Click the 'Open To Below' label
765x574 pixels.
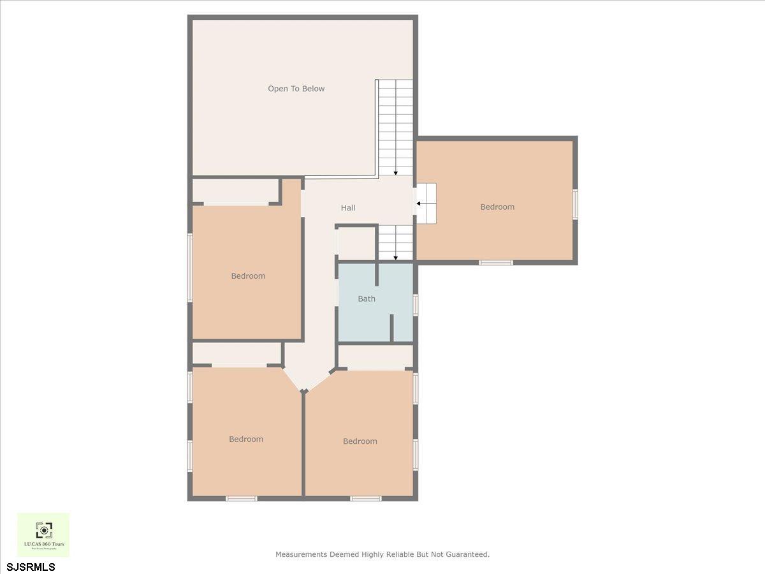[x=296, y=89]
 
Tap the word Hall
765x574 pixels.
[x=348, y=208]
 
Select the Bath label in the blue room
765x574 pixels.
[x=367, y=298]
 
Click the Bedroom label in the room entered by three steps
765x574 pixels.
[x=497, y=207]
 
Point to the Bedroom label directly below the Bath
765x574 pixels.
[x=360, y=441]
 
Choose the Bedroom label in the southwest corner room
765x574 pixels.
[x=246, y=439]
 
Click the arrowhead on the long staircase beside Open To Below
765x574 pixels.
[x=396, y=172]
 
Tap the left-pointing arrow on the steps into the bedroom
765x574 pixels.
[x=419, y=204]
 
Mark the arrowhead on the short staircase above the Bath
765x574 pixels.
[x=396, y=258]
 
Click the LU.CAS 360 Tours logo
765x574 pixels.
[x=43, y=534]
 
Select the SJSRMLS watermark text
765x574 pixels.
[x=31, y=567]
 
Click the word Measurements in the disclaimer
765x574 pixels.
[x=301, y=555]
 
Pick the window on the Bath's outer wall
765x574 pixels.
[x=416, y=305]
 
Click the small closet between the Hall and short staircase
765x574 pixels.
[x=356, y=244]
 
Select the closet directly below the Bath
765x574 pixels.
[x=375, y=357]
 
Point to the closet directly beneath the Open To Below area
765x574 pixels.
[x=236, y=190]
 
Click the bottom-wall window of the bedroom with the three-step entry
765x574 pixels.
[x=496, y=262]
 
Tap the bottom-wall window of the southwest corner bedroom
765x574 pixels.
[x=242, y=498]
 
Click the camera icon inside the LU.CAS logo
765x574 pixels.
[x=43, y=530]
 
